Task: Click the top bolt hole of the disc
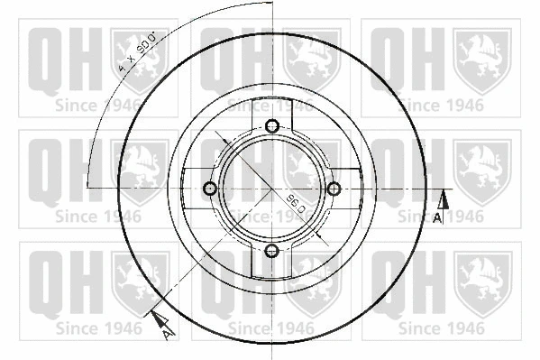pos(271,126)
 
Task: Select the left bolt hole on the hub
pos(210,189)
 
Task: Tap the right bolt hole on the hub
pos(333,189)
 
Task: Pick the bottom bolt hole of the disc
pos(271,250)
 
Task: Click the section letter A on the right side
pos(438,219)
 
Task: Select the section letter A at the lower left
pos(167,335)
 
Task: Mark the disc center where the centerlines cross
pos(271,189)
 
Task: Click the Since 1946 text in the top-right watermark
pos(442,104)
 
